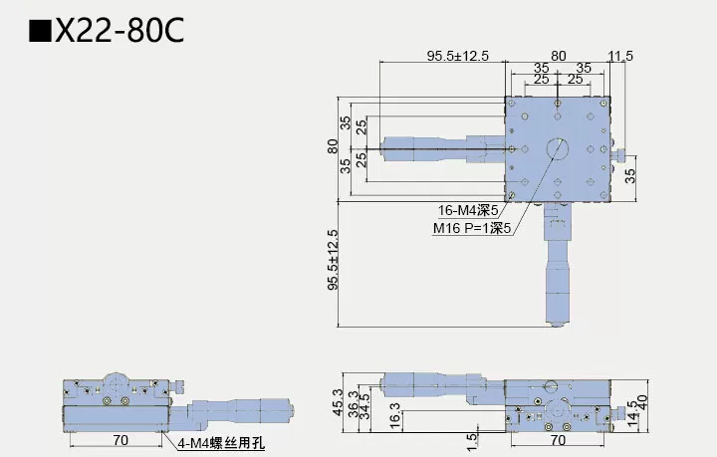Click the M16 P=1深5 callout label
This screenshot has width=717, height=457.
click(x=471, y=228)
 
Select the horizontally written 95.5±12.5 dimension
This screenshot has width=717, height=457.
click(x=458, y=56)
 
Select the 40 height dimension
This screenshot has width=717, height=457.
click(x=644, y=406)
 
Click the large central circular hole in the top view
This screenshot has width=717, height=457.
click(x=558, y=148)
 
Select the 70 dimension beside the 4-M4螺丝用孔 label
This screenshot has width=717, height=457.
click(x=119, y=437)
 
